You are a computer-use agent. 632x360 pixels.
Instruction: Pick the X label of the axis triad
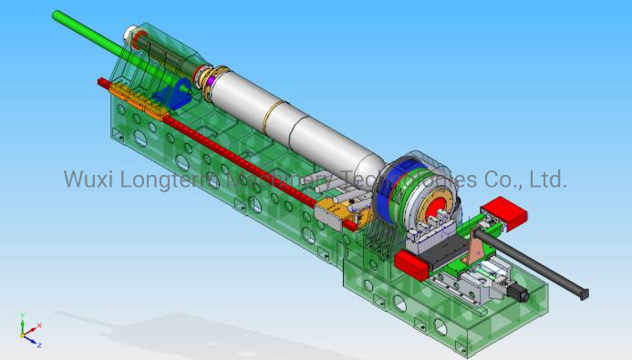39,325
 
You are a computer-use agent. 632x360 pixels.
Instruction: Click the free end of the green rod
57,15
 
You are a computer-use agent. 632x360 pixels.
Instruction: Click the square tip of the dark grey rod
584,293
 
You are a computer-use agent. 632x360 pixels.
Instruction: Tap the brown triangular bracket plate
478,246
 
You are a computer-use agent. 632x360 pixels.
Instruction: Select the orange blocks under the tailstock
137,97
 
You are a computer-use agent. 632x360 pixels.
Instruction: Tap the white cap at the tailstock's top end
137,37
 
